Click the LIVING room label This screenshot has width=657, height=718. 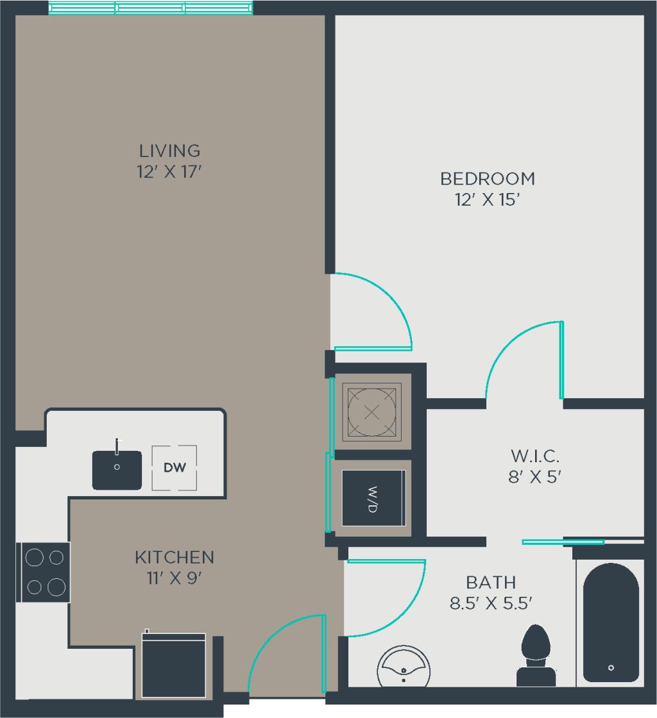[170, 151]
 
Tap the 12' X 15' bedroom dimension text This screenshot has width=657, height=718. [487, 200]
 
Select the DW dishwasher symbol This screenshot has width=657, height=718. [175, 467]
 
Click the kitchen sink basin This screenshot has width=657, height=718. [117, 470]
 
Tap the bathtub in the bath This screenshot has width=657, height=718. [611, 622]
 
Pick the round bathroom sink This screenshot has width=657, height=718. [404, 667]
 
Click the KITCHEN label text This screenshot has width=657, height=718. [174, 557]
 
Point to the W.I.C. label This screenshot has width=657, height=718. [535, 456]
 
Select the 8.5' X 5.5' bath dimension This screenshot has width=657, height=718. [491, 603]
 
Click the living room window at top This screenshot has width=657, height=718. [151, 8]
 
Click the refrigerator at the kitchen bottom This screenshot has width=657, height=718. [174, 665]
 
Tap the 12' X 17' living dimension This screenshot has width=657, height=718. [170, 172]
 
